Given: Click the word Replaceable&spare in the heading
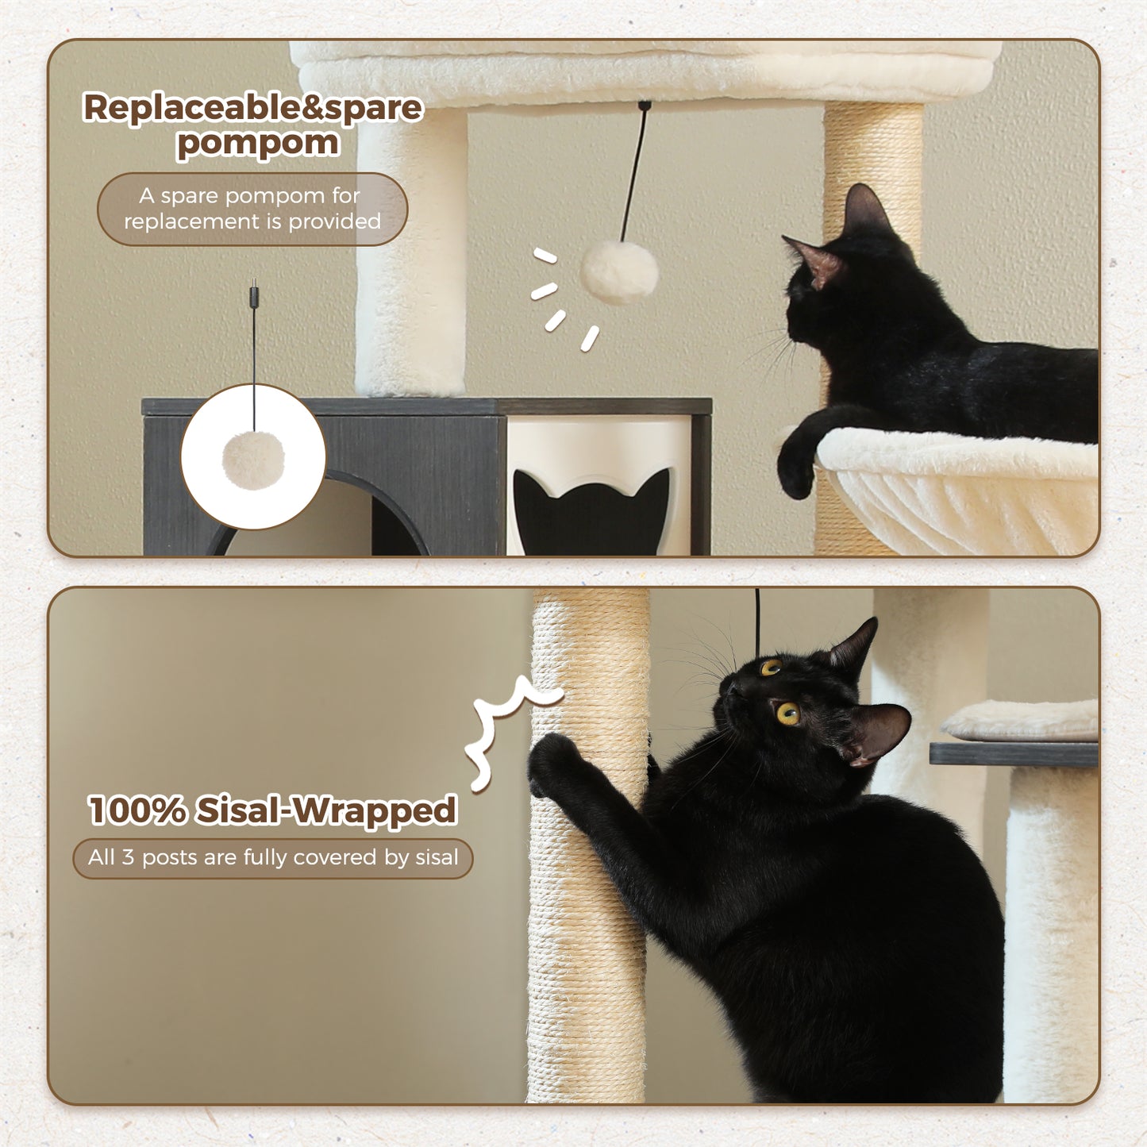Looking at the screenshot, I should click(x=252, y=107).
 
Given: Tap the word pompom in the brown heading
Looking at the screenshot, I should click(x=258, y=144).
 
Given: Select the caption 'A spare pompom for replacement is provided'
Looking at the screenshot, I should click(x=252, y=209).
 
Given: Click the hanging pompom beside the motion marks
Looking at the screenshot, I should click(x=619, y=272).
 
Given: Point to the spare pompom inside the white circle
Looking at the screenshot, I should click(x=253, y=460).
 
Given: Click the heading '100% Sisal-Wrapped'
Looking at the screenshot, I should click(x=272, y=810).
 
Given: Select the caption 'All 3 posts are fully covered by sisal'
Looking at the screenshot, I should click(x=273, y=858).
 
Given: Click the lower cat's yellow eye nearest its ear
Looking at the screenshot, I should click(x=787, y=713).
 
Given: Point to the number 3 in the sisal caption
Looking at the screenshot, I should click(x=127, y=858).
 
